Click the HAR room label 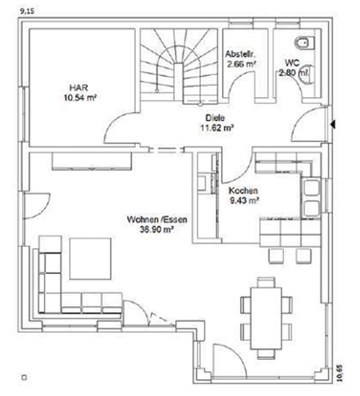click(x=79, y=87)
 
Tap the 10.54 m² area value click(x=81, y=98)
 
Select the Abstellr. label click(x=241, y=54)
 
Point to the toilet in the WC click(x=305, y=43)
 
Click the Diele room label click(x=215, y=118)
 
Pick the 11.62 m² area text click(x=217, y=128)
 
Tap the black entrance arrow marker click(x=333, y=124)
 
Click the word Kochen click(x=243, y=190)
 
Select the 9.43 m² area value click(x=244, y=201)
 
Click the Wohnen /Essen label click(x=157, y=220)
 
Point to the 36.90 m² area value click(x=157, y=229)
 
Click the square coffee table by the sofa click(x=90, y=259)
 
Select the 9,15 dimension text click(x=27, y=11)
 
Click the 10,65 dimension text click(x=340, y=372)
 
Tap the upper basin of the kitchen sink click(x=311, y=188)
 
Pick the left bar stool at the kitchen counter click(x=276, y=256)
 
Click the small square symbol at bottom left click(x=24, y=377)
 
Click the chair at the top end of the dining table click(x=266, y=282)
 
